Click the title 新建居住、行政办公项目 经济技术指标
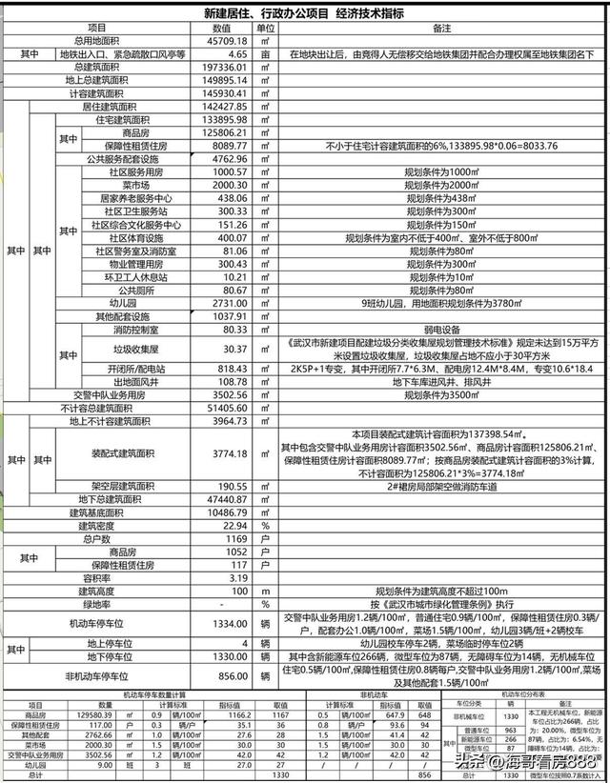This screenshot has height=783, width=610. (304, 13)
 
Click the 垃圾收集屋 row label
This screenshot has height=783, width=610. (124, 349)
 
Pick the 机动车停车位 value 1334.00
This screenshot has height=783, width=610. (225, 623)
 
